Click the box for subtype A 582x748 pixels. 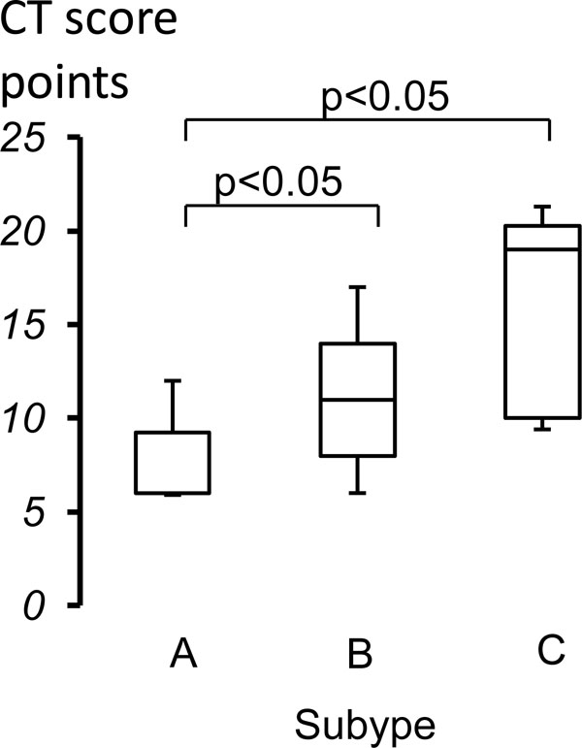pyautogui.click(x=173, y=463)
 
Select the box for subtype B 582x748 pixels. pyautogui.click(x=358, y=399)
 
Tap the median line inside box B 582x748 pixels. pyautogui.click(x=358, y=400)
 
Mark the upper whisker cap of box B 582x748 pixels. pyautogui.click(x=358, y=286)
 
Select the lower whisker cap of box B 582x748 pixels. pyautogui.click(x=358, y=493)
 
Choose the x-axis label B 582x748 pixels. pyautogui.click(x=359, y=657)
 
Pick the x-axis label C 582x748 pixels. pyautogui.click(x=549, y=649)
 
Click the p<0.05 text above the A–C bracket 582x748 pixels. pyautogui.click(x=372, y=99)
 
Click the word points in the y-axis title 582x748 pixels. pyautogui.click(x=65, y=85)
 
